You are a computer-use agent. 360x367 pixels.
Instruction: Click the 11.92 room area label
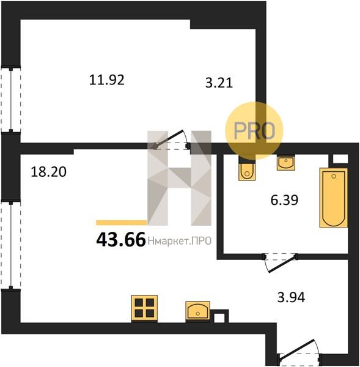[107, 80]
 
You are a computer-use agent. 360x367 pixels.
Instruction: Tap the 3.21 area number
[219, 83]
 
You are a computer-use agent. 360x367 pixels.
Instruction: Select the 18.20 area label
[49, 172]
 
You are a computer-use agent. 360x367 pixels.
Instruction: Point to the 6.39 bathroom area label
[284, 200]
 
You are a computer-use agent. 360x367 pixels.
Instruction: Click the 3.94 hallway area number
[291, 297]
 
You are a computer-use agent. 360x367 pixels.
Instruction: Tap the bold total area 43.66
[121, 240]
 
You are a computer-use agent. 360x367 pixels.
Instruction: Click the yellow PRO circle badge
[254, 131]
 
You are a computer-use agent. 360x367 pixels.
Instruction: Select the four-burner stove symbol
[144, 308]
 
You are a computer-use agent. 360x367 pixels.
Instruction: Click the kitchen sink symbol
[197, 311]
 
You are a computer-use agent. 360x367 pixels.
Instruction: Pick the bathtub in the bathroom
[334, 198]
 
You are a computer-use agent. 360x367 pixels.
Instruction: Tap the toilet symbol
[247, 171]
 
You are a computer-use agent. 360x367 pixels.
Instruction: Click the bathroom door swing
[281, 262]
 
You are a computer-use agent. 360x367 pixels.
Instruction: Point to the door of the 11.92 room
[171, 141]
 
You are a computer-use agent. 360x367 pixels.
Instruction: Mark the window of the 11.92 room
[11, 100]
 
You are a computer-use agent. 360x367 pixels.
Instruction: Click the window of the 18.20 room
[11, 245]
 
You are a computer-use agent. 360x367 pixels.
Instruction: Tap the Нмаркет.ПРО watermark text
[180, 241]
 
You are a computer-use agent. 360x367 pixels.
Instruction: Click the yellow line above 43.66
[122, 223]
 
